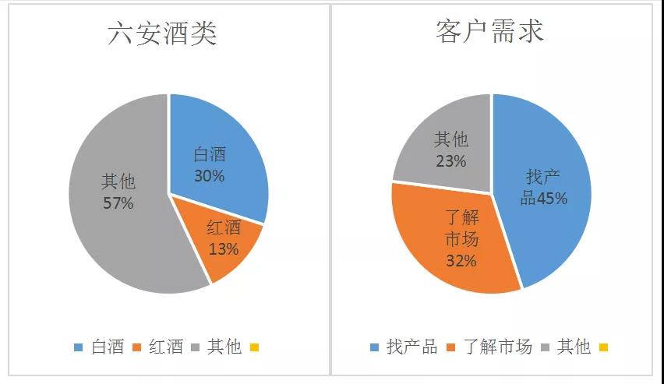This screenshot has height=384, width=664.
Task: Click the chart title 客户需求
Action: pyautogui.click(x=489, y=33)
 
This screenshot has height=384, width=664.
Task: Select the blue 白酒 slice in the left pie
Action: pyautogui.click(x=226, y=148)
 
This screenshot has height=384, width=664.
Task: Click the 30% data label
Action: pyautogui.click(x=209, y=176)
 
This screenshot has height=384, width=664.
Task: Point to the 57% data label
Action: pyautogui.click(x=118, y=203)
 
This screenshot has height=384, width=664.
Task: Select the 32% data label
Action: pyautogui.click(x=461, y=261)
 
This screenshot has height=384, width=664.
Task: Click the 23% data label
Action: pyautogui.click(x=451, y=161)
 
